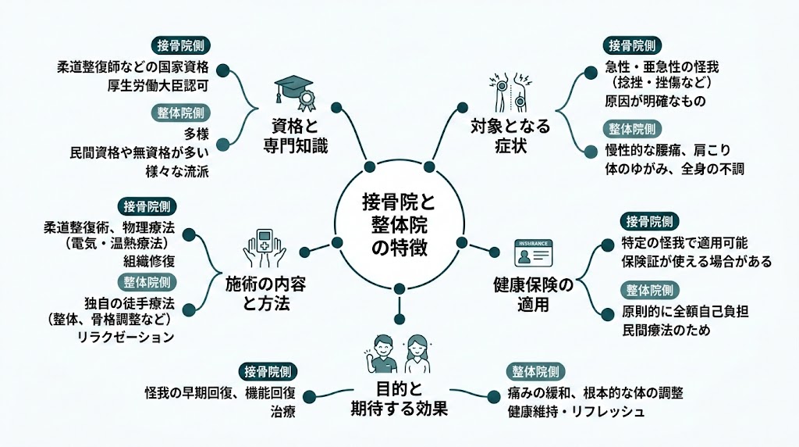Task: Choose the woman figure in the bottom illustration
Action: point(417,353)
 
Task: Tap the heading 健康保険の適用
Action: point(534,295)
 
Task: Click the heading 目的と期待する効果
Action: point(399,398)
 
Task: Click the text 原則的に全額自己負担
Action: point(684,311)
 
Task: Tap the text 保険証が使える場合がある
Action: point(696,262)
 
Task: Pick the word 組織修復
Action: point(146,262)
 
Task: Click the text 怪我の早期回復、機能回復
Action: point(230,392)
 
